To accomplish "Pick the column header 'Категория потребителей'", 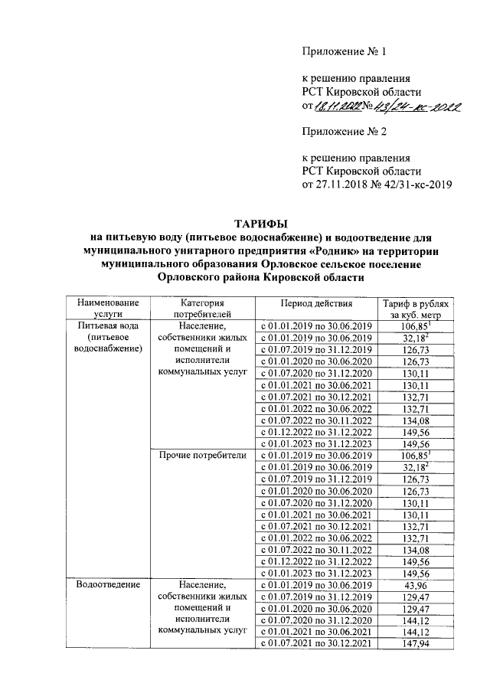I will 201,309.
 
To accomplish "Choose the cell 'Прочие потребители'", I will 201,456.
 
